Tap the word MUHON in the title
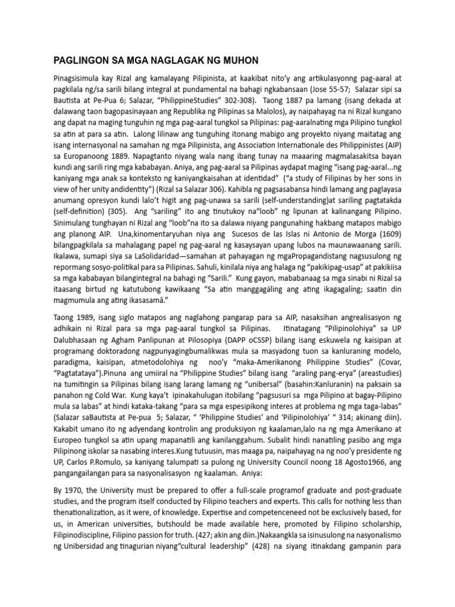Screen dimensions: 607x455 [235, 60]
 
